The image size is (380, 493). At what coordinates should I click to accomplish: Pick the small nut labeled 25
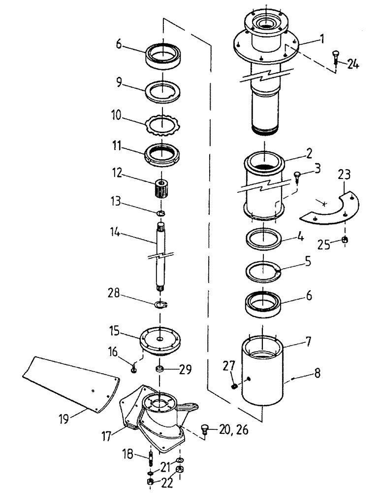(345, 240)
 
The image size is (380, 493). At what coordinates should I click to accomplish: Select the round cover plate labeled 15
(161, 340)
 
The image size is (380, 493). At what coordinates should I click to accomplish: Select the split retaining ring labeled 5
(264, 271)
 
